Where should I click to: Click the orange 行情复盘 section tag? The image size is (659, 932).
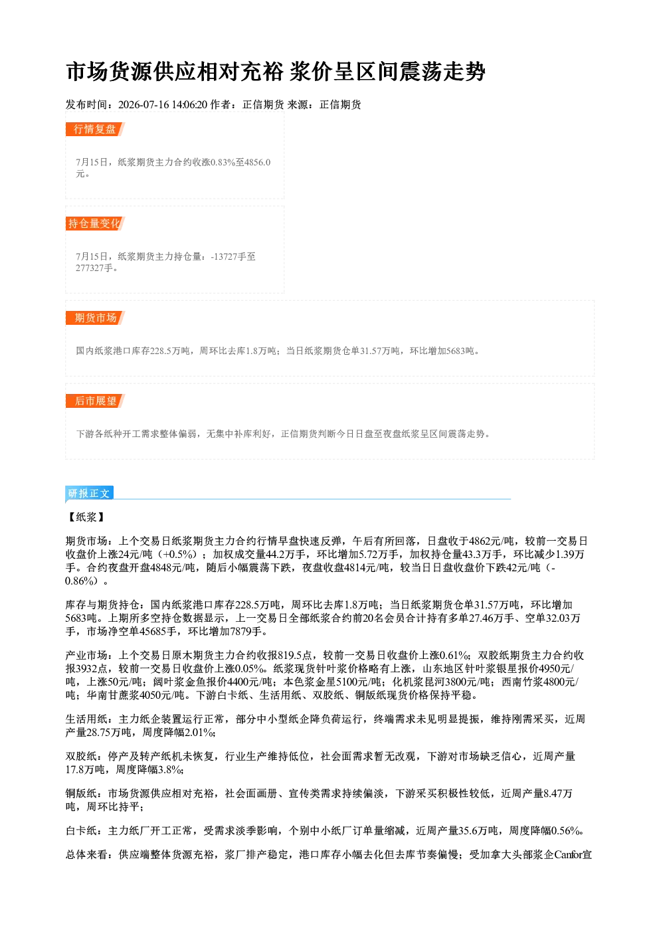click(x=95, y=129)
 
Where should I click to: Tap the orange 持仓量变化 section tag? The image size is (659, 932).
click(x=95, y=223)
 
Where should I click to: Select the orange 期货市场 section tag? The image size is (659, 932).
click(x=95, y=318)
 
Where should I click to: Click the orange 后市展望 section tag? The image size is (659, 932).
click(x=95, y=401)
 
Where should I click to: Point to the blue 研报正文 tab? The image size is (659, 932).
click(x=89, y=494)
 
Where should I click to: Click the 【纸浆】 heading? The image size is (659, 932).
click(x=86, y=517)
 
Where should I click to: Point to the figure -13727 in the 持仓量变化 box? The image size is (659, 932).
click(x=225, y=256)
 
